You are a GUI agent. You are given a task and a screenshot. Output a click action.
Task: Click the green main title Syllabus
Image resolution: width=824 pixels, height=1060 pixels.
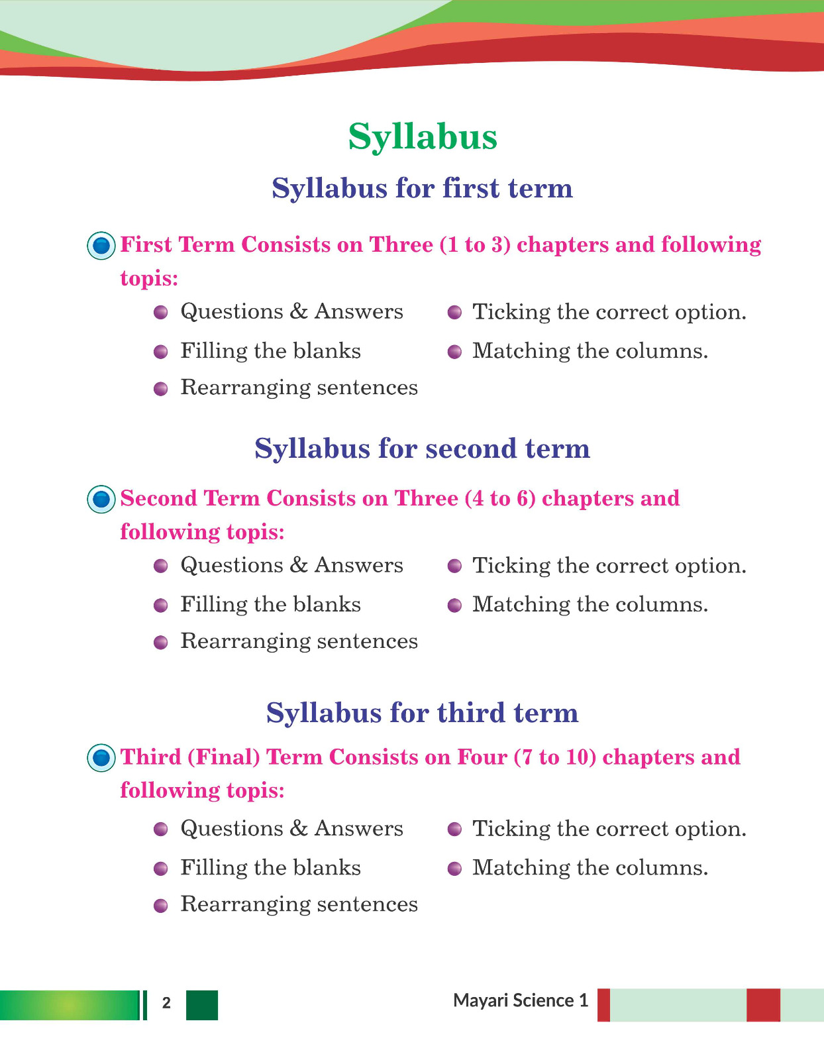423,137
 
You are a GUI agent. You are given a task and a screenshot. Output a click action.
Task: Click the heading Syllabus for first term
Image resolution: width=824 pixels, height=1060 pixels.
422,188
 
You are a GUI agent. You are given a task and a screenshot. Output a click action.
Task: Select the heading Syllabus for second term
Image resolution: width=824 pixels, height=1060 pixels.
422,449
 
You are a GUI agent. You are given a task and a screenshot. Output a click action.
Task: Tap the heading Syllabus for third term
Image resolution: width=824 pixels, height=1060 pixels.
422,713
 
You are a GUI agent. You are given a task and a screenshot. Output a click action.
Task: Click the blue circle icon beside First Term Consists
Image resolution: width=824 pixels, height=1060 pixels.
101,246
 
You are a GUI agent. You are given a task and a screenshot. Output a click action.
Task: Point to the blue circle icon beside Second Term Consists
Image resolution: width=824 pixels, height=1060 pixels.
101,500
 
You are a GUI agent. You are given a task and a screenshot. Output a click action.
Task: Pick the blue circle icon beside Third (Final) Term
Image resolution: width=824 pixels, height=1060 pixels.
101,758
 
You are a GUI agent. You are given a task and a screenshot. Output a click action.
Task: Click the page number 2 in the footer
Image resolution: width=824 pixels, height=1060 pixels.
166,1003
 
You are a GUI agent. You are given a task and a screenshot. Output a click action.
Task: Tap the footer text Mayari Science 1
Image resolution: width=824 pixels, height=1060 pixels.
521,1000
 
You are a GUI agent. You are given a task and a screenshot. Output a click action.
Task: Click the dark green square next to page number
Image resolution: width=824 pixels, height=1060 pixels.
202,1005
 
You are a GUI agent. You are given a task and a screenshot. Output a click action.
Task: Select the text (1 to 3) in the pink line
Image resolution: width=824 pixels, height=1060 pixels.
475,245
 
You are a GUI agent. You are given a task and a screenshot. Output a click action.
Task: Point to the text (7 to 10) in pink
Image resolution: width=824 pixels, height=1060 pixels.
555,757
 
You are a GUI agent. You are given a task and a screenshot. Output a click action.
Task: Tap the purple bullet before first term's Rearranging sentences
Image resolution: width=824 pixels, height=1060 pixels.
161,389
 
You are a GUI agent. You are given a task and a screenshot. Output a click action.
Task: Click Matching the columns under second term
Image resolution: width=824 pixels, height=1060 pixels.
590,605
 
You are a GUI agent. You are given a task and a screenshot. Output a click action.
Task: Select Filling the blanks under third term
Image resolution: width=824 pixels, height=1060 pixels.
270,868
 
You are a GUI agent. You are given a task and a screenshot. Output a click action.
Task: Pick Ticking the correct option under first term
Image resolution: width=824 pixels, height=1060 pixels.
609,312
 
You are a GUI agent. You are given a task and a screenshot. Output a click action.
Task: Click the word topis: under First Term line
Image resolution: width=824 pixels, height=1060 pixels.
149,278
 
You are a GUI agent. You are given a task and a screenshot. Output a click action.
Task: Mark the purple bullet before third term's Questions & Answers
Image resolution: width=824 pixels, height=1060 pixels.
161,829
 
